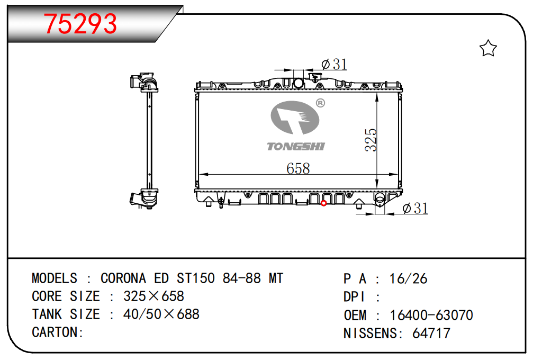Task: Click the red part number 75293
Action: coord(80,24)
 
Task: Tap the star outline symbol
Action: coord(488,48)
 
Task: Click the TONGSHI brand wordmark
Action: coord(296,147)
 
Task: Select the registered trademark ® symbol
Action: coord(321,103)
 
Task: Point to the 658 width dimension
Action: coord(298,168)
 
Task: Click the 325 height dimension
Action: coord(371,140)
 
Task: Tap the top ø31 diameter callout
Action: coord(334,64)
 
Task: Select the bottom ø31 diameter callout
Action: coord(415,208)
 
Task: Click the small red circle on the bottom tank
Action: coord(323,203)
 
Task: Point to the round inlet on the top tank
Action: coord(298,83)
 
